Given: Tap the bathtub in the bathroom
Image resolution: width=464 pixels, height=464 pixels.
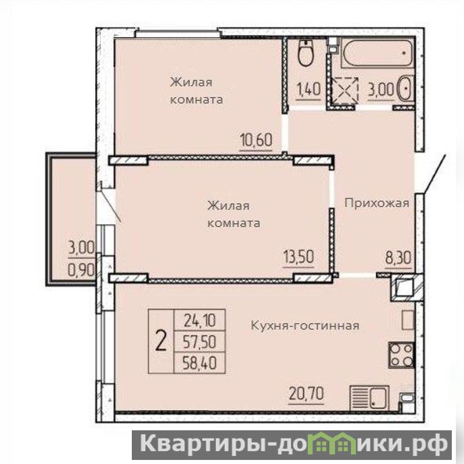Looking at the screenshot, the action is click(377, 53).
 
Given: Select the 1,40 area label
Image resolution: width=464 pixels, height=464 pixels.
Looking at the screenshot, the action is click(308, 89).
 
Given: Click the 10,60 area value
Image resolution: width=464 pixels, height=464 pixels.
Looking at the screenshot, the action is click(256, 140).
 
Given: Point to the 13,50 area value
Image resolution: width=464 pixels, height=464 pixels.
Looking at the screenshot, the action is click(298, 257).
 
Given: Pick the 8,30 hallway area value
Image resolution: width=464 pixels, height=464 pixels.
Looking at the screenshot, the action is click(398, 258).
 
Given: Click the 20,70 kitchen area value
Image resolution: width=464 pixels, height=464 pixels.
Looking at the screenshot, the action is click(306, 394).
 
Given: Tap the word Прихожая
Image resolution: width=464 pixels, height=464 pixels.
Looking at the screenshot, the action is click(377, 204).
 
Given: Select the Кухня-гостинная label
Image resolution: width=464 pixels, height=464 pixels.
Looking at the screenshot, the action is click(305, 326).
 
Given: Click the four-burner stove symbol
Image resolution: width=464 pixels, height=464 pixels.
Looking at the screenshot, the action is click(401, 354).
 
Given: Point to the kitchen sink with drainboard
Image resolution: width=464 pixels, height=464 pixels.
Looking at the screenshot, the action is click(369, 398).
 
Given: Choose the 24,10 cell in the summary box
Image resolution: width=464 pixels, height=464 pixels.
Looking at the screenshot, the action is click(200, 320).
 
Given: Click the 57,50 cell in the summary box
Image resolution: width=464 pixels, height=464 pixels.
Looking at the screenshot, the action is click(200, 342).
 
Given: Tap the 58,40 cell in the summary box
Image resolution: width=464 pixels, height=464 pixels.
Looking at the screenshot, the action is click(200, 363).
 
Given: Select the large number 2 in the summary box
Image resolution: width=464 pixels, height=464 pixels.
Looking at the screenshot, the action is click(161, 341).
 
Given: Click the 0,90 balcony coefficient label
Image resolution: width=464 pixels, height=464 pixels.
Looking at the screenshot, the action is click(81, 269).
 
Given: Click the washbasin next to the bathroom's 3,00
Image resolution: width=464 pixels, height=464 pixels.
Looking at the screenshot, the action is click(405, 88).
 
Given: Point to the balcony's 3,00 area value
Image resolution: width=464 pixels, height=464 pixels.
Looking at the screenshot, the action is click(81, 247).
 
